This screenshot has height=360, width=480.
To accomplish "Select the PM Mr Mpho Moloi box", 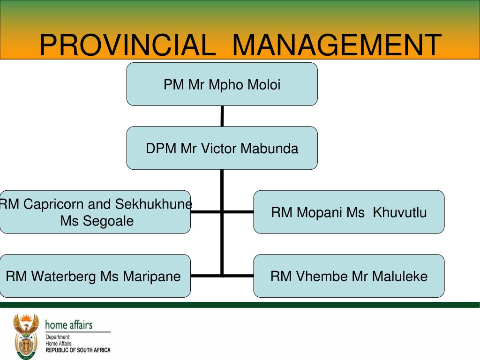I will click(x=222, y=84).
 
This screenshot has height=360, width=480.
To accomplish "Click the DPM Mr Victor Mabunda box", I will click(x=222, y=148).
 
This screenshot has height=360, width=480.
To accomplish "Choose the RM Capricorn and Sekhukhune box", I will click(x=95, y=212).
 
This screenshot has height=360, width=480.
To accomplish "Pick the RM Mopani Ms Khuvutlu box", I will click(x=349, y=212).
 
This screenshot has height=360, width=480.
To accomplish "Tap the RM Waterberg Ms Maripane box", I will click(x=95, y=276).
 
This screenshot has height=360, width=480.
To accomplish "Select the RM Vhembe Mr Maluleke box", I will click(x=349, y=276).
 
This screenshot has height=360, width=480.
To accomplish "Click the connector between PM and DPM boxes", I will click(x=222, y=116).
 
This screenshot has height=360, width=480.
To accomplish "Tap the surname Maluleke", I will click(x=400, y=276).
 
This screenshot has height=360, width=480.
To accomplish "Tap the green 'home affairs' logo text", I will click(x=68, y=325).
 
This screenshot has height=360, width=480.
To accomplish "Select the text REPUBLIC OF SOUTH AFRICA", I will click(x=78, y=350).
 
